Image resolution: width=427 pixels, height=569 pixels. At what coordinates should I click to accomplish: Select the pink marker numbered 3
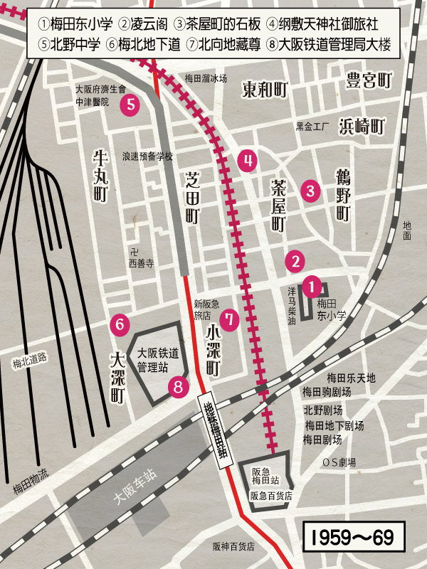(310, 191)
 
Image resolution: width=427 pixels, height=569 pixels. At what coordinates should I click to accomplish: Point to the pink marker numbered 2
(295, 261)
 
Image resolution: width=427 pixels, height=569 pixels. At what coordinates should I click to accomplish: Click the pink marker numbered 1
(312, 287)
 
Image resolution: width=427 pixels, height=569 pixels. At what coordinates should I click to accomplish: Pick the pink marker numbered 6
(120, 324)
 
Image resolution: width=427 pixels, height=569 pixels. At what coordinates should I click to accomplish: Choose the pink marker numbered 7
(228, 319)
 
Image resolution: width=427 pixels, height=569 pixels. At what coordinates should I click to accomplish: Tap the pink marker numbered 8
(179, 387)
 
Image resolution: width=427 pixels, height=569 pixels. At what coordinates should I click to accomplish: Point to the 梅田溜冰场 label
(206, 78)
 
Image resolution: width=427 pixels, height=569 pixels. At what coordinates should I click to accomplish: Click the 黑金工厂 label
(314, 127)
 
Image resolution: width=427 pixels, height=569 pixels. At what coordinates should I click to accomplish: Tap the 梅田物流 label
(31, 489)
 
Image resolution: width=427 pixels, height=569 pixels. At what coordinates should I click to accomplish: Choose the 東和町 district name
(264, 90)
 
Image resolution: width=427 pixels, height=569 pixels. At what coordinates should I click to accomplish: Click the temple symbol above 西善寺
(133, 252)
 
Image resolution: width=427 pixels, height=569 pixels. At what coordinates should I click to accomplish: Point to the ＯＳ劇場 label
(339, 462)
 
